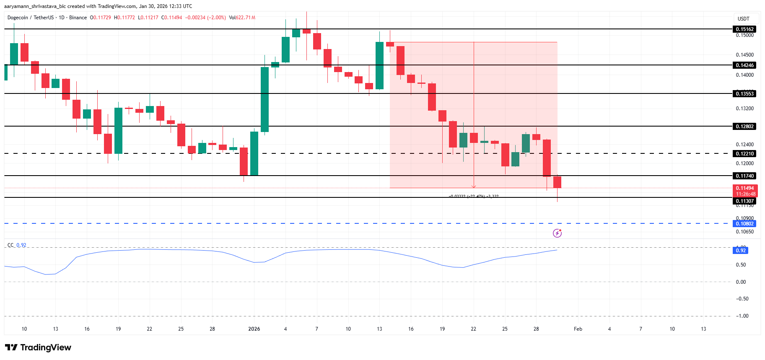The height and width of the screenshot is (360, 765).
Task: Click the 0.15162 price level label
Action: point(744,29)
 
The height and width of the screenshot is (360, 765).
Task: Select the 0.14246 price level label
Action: point(744,65)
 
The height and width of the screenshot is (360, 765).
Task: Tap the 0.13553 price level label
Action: point(744,94)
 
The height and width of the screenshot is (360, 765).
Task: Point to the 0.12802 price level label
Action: point(744,127)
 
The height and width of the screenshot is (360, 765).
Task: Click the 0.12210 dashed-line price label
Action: point(744,154)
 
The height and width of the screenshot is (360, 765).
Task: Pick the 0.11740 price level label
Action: point(744,176)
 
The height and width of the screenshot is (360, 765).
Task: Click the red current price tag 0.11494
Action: point(744,189)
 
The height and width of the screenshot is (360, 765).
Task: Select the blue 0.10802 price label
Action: point(744,224)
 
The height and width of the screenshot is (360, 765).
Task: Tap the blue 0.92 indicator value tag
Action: point(741,251)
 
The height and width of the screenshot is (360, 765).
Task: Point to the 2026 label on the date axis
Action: point(254,329)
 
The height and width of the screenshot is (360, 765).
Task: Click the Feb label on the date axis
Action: point(578,329)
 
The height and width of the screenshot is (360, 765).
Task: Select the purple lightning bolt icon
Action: point(557,233)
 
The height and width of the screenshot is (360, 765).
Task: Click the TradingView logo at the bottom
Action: point(38,347)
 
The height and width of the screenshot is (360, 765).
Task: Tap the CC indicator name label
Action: point(10,245)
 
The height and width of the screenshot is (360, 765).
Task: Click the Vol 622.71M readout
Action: point(242,18)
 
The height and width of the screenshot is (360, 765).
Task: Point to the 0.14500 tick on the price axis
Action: point(744,55)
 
